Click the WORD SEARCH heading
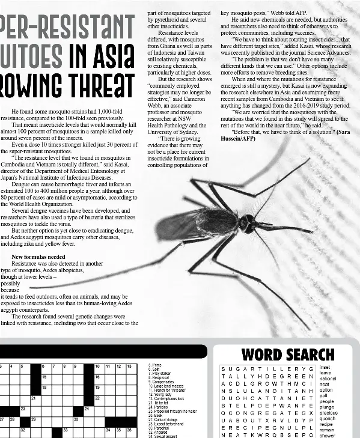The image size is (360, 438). pyautogui.click(x=287, y=354)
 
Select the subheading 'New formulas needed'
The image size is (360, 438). pyautogui.click(x=38, y=257)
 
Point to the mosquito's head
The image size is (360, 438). pyautogui.click(x=247, y=223)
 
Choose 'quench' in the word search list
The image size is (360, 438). pyautogui.click(x=328, y=419)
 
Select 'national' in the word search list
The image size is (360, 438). pyautogui.click(x=328, y=379)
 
